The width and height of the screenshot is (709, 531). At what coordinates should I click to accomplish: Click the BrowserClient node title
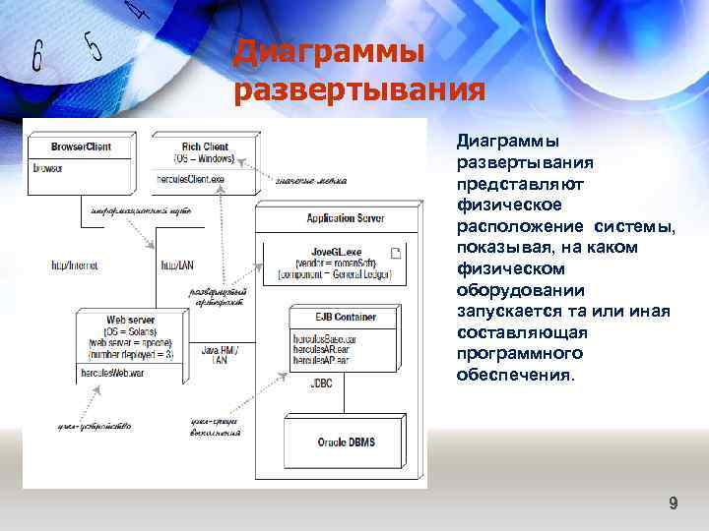67,147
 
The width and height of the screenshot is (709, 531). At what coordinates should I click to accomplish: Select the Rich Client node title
205,147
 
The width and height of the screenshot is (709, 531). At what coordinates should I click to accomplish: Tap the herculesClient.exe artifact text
190,179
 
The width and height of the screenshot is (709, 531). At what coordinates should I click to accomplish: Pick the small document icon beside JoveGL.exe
396,254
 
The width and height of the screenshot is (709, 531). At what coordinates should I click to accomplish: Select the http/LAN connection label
176,265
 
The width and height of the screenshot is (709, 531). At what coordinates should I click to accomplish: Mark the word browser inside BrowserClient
48,168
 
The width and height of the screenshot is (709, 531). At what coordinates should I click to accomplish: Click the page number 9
674,503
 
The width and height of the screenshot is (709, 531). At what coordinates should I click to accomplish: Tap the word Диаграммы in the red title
329,50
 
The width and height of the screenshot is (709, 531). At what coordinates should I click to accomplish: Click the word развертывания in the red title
359,90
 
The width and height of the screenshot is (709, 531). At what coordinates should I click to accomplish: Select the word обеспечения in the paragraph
513,375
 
